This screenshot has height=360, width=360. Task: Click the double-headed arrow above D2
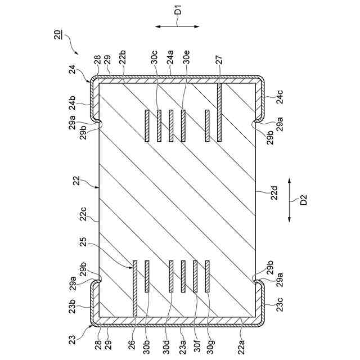289,200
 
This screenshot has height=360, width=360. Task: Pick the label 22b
123,57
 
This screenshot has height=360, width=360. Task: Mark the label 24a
171,57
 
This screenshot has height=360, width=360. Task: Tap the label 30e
186,57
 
